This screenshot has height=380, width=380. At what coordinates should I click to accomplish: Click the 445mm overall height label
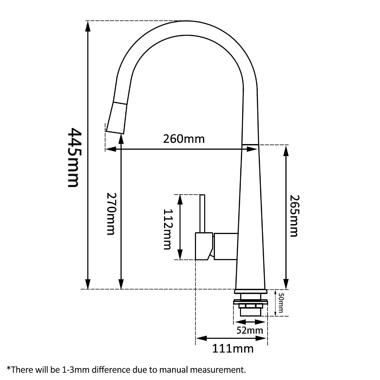(x=73, y=157)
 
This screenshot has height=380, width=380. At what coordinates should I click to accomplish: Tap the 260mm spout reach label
(x=184, y=139)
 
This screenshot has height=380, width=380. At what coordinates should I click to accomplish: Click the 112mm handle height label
(x=167, y=229)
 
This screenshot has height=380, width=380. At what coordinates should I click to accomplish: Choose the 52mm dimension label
(x=250, y=330)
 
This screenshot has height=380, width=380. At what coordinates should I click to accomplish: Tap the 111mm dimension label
(x=233, y=348)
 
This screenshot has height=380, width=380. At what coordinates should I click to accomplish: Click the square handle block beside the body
(x=225, y=246)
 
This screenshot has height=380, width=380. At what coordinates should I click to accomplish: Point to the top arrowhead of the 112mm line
(x=180, y=199)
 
